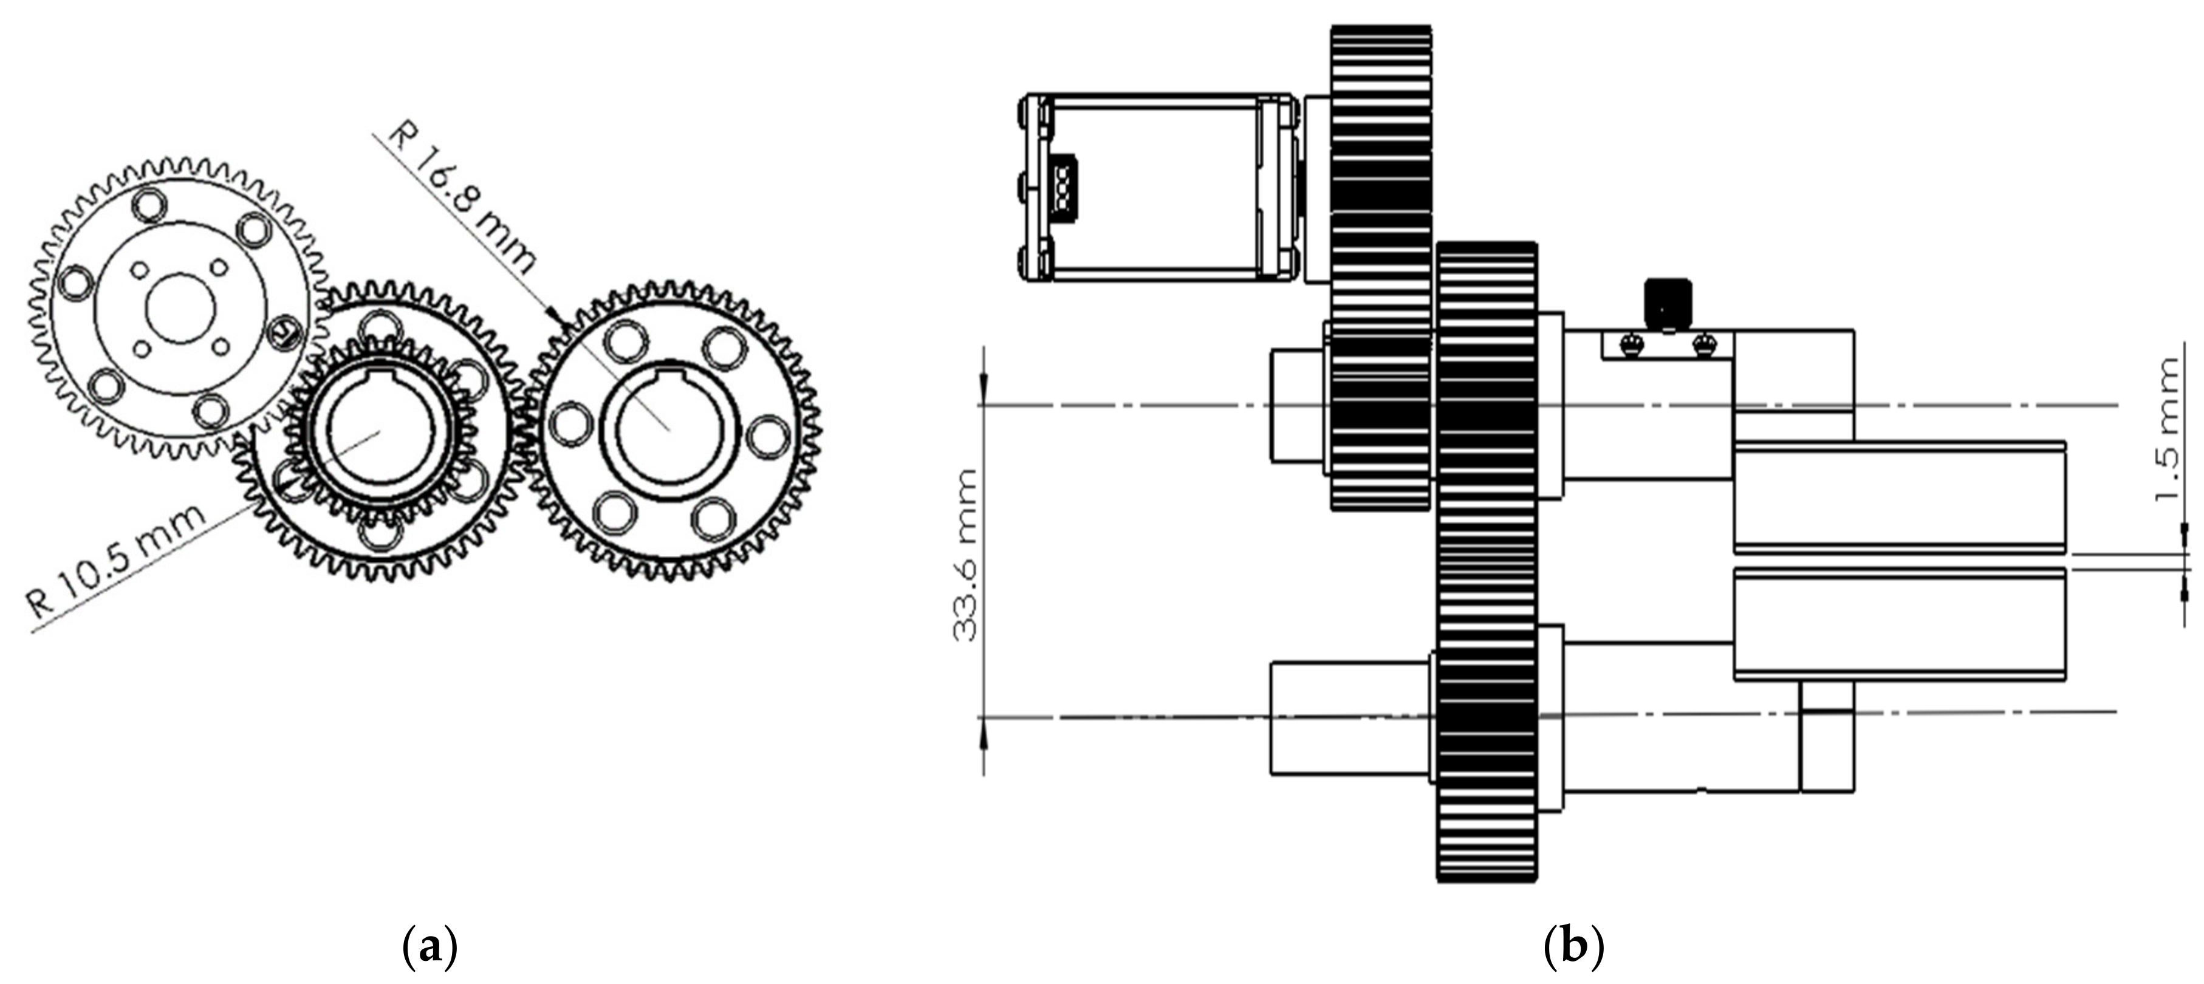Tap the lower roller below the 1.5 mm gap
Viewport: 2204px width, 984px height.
click(1900, 624)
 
